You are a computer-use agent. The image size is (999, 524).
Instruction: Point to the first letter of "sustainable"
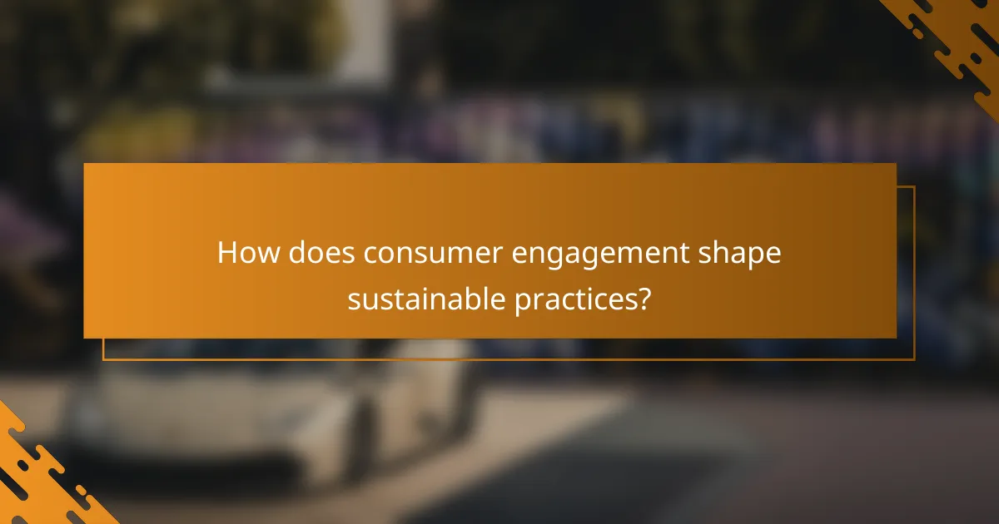354,299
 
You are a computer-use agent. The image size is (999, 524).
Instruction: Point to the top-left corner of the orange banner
84,164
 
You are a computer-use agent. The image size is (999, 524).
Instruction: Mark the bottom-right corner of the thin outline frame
914,359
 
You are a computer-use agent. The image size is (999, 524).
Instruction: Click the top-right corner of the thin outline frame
914,187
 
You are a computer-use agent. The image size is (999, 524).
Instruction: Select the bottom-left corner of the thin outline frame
103,359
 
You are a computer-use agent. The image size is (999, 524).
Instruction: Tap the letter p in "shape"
755,258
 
